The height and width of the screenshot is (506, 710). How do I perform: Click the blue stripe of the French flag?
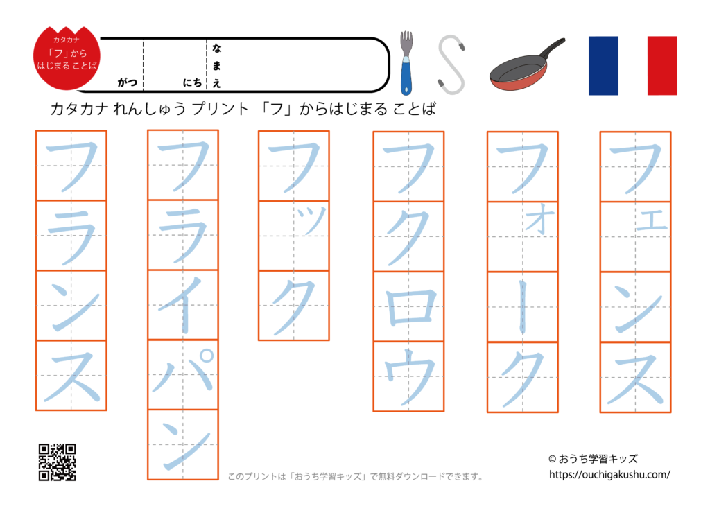[603, 65]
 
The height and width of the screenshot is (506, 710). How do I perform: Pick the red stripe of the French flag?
[662, 65]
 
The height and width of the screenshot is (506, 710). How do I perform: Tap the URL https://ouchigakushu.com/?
[609, 475]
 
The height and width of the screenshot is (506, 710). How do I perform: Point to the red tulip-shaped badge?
[67, 59]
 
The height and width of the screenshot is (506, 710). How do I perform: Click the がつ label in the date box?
[127, 82]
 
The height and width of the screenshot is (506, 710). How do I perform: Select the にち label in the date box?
[193, 82]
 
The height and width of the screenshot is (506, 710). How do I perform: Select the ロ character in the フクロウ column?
[408, 306]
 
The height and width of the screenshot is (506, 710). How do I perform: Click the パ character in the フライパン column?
[183, 374]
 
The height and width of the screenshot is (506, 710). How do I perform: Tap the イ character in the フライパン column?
[183, 304]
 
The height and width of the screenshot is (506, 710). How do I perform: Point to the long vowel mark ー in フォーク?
[522, 307]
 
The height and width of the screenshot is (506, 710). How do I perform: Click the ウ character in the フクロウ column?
[408, 377]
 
